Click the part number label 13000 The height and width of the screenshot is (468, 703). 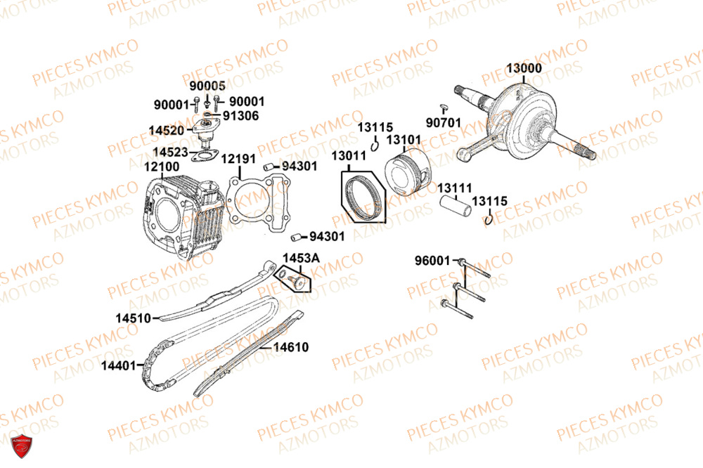point(524,68)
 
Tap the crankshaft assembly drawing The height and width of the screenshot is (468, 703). point(524,121)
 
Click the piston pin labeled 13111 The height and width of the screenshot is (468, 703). point(455,206)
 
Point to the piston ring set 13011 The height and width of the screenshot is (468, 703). point(363,197)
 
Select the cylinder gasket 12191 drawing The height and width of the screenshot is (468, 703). point(258,204)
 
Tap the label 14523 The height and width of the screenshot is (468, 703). point(170,152)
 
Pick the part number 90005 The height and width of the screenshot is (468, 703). point(207,86)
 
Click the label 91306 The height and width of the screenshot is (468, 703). point(240,116)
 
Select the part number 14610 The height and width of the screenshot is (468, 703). point(291,347)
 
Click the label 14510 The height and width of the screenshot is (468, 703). point(133,318)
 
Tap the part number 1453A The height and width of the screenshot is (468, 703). point(302,258)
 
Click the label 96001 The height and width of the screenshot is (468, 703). point(432,261)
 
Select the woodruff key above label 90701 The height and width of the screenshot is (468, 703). point(444,107)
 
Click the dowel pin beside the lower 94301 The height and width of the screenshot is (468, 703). point(296,237)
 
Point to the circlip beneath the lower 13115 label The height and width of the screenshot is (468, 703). point(489,219)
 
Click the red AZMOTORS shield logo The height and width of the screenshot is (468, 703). point(21,446)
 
